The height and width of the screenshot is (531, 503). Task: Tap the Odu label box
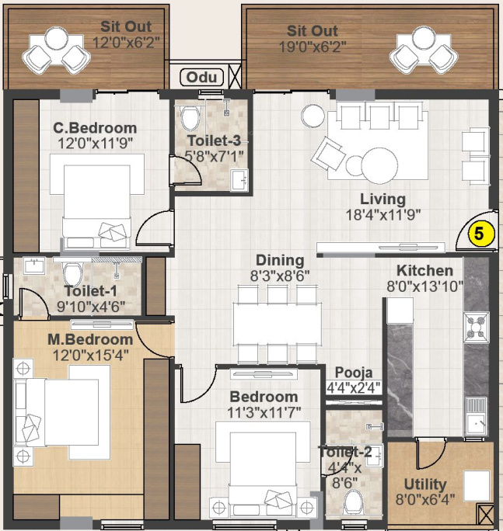point(201,77)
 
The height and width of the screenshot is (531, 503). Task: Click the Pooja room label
point(354,373)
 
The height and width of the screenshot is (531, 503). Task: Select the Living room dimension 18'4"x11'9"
point(383,215)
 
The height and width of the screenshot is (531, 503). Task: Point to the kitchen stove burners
point(477,328)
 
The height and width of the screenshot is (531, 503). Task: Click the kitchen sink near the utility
point(476,418)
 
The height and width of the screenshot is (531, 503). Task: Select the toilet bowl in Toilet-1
point(73,273)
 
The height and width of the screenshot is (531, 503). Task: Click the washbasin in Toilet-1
point(34,265)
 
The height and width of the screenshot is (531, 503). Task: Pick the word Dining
point(280,260)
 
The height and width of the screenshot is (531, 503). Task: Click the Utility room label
point(425,484)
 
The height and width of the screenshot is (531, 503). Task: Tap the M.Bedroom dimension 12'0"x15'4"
point(90,356)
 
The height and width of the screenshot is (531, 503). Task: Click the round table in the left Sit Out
point(57,38)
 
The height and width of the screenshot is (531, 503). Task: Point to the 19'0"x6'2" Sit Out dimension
point(313,47)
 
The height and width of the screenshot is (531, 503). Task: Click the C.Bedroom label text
point(95,128)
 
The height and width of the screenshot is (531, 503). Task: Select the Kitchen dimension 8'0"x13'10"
point(425,286)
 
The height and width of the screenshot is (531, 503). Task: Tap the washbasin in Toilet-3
point(239,180)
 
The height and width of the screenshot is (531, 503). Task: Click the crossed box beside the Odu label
point(235,77)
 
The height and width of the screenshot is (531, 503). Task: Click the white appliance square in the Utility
point(477,486)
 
